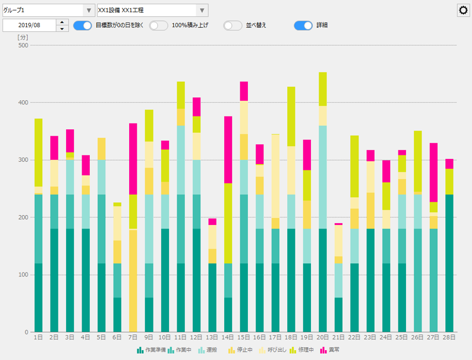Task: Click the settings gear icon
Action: [x=463, y=10]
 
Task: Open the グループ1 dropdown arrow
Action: [x=88, y=10]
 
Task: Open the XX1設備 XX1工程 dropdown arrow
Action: [x=202, y=10]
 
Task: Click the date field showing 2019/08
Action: [x=30, y=26]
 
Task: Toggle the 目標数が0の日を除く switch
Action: [x=83, y=26]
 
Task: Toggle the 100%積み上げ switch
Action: [x=159, y=26]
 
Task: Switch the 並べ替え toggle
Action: [x=233, y=26]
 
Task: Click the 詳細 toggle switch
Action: [x=303, y=26]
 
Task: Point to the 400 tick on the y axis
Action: [x=23, y=103]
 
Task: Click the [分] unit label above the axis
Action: [x=23, y=37]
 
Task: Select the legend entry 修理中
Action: [x=302, y=350]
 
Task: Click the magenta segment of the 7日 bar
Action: [x=133, y=159]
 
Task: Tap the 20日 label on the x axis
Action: [x=323, y=337]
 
